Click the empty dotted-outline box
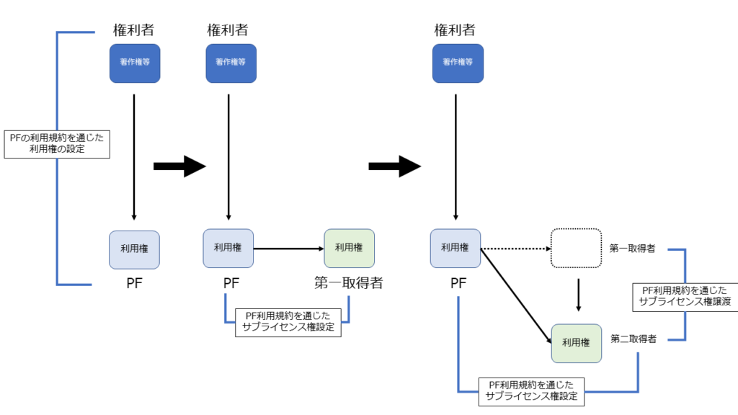576,248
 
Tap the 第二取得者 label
633,339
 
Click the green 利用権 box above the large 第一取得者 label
349,248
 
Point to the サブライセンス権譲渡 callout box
685,296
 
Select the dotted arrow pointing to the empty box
515,249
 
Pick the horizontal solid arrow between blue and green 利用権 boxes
288,249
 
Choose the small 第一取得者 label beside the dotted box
632,249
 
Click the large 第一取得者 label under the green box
349,283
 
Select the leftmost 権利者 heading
134,30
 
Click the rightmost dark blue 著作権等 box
458,63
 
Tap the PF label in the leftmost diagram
134,283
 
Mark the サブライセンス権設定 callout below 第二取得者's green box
531,390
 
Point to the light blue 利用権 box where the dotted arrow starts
455,248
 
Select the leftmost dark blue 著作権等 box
134,63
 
